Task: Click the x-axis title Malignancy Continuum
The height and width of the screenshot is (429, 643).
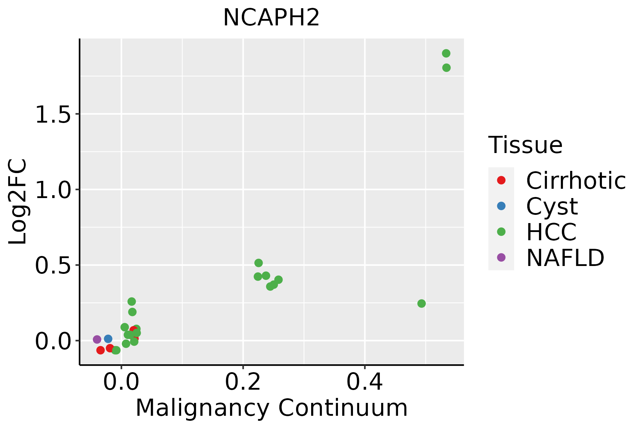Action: pos(271,408)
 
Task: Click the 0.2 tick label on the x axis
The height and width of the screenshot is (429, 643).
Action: pos(243,382)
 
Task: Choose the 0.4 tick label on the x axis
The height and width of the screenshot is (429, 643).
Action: pos(365,382)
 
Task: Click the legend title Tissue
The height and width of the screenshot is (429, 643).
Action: pos(525,145)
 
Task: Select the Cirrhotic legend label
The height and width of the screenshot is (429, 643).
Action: pos(576,181)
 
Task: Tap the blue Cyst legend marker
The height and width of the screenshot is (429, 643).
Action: pos(501,206)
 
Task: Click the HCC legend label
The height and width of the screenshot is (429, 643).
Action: pos(551,232)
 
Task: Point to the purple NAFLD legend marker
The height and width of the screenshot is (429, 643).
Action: pos(501,257)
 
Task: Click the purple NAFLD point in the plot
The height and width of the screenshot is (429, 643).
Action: pos(97,339)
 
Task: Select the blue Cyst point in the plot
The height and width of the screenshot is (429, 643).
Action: pos(108,339)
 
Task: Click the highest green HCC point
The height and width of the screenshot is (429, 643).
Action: pos(446,53)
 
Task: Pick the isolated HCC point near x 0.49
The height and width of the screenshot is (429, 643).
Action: pos(422,304)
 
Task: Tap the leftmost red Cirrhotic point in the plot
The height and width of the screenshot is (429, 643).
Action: pos(100,350)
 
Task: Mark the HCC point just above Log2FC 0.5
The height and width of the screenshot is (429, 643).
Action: pos(259,263)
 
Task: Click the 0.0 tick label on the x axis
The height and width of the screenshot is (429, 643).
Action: pos(121,382)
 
